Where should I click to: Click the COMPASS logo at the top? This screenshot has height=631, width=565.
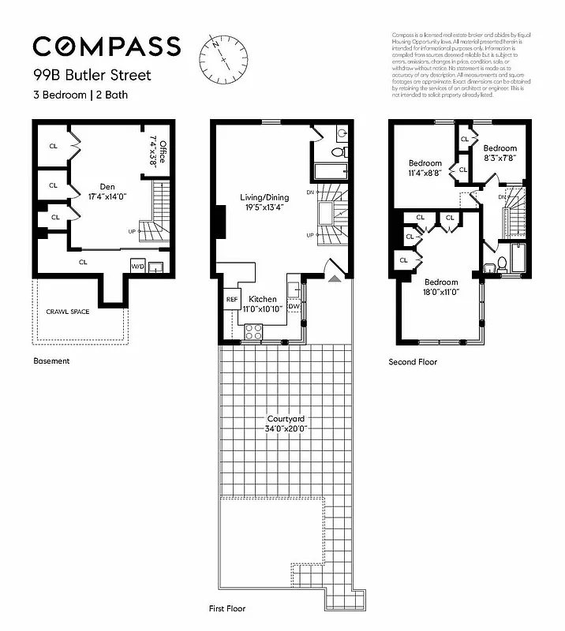[x=107, y=47]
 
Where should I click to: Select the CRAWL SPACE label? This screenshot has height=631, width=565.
[x=68, y=312]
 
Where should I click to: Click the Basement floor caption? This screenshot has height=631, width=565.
[x=51, y=361]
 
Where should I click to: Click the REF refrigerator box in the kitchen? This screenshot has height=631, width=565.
[x=232, y=300]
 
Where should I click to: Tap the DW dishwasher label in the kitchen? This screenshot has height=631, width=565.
[x=294, y=306]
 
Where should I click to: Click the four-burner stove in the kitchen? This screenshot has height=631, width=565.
[x=253, y=334]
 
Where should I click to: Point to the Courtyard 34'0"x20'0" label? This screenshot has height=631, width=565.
[x=286, y=424]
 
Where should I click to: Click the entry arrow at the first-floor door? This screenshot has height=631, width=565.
[x=335, y=278]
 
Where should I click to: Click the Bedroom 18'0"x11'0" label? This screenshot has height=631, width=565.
[x=441, y=287]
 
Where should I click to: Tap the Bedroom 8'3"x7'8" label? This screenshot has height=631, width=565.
[x=500, y=153]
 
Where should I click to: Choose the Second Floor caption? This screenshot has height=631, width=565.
[x=413, y=362]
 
